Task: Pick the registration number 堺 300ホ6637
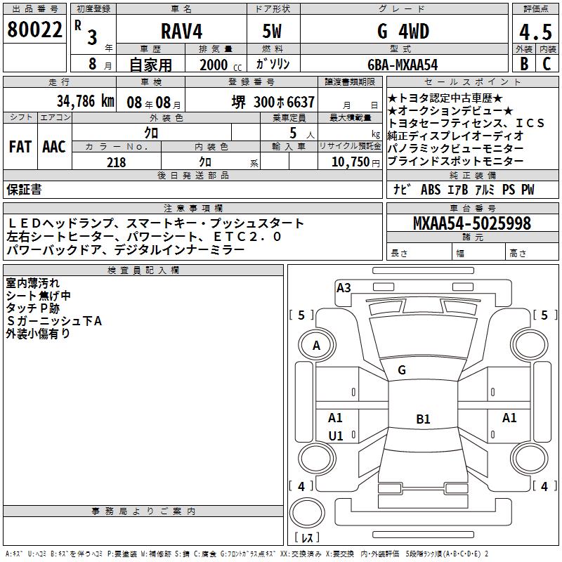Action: tap(273, 102)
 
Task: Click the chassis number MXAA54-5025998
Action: tap(472, 223)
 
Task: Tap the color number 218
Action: tap(116, 162)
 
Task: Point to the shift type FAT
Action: tap(20, 147)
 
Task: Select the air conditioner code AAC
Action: tap(54, 147)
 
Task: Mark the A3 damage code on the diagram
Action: tap(344, 287)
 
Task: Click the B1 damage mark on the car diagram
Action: tap(423, 419)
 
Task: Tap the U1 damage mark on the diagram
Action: tap(336, 436)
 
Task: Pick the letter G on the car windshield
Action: tap(402, 370)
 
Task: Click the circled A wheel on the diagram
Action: tap(317, 346)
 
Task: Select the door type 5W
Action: tap(272, 31)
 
